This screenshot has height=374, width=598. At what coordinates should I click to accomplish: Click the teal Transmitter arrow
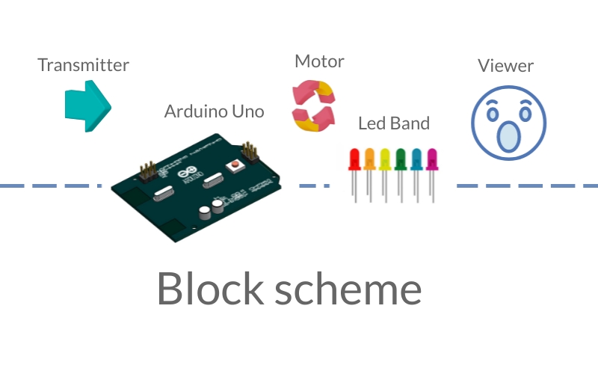[88, 106]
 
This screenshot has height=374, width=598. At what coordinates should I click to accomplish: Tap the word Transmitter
[84, 65]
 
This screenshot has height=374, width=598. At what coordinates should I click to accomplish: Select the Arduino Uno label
[214, 111]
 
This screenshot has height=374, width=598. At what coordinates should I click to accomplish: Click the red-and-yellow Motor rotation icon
[314, 105]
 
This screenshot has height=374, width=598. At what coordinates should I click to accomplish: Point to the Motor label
[320, 61]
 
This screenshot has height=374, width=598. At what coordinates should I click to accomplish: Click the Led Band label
[394, 123]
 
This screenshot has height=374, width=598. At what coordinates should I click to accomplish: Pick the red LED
[354, 175]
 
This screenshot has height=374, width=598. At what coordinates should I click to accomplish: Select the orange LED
[369, 175]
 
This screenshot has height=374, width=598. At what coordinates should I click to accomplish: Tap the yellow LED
[385, 175]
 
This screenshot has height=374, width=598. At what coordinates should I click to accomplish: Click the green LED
[401, 175]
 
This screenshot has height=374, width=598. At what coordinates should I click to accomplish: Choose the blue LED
[416, 175]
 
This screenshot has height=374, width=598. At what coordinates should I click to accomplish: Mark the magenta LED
[432, 175]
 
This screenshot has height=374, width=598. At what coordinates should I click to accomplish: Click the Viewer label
[506, 66]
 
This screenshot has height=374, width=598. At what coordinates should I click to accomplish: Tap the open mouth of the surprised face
[509, 136]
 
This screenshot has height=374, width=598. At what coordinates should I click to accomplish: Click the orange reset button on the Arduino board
[235, 165]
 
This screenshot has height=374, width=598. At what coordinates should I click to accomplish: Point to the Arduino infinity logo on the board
[188, 173]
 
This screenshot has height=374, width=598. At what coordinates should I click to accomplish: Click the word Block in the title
[211, 288]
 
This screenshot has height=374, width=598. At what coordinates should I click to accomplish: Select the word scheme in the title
[348, 288]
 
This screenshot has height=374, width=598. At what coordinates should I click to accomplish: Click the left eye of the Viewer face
[493, 114]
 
